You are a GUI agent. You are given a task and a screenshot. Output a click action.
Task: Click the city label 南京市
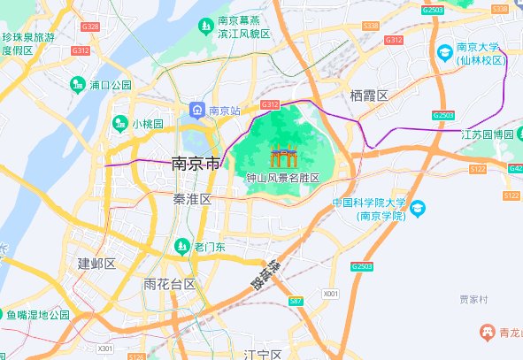[x=195, y=164]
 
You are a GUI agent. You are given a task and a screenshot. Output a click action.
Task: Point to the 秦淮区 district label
[x=192, y=200]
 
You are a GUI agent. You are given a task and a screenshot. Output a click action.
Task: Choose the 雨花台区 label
[x=169, y=284]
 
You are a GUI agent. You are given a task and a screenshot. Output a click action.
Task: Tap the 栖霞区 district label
[x=369, y=96]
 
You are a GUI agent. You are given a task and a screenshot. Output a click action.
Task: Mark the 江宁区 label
[x=262, y=355]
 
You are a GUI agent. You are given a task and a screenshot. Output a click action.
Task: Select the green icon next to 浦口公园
[x=78, y=85]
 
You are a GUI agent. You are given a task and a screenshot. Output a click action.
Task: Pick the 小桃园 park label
[x=147, y=124]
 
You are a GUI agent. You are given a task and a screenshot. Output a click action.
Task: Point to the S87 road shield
[x=296, y=302]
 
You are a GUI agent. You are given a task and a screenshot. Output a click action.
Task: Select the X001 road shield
[x=330, y=293]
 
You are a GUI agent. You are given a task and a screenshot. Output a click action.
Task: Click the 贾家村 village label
[x=473, y=300]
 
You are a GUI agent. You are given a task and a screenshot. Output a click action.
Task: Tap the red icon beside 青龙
[x=486, y=332]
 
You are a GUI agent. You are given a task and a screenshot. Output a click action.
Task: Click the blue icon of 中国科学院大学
[x=418, y=208]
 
